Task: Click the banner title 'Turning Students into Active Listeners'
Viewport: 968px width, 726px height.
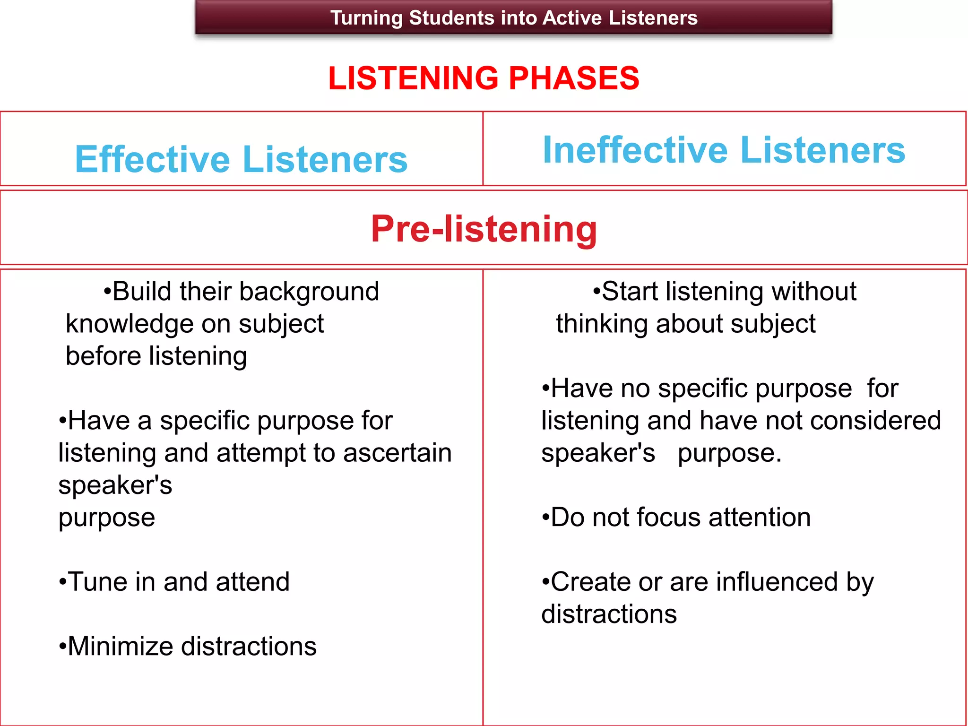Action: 514,18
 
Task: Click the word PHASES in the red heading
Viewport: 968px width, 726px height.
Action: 574,78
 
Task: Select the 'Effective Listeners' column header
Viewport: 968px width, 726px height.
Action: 241,159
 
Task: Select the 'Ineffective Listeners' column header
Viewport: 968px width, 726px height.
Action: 724,150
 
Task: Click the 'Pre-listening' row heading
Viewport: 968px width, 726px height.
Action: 484,229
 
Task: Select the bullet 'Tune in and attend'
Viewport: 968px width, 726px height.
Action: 174,582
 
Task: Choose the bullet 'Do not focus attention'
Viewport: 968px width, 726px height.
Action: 676,517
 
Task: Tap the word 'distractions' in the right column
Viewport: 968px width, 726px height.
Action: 609,614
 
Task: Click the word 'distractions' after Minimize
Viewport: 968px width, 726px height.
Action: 249,646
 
